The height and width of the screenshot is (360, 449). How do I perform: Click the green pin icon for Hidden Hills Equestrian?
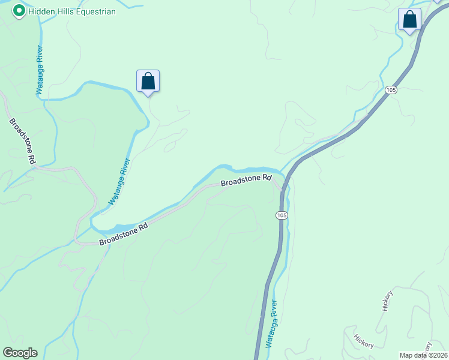tap(19, 10)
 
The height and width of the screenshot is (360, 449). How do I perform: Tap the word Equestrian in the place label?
tap(92, 11)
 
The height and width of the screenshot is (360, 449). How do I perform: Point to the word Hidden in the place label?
tap(42, 11)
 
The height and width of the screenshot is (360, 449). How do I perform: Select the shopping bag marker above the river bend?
tap(148, 82)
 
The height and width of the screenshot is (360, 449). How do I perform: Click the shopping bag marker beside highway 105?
tap(410, 19)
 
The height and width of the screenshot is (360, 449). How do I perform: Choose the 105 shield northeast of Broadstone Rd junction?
tap(391, 89)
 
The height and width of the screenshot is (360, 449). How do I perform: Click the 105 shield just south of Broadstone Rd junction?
tap(282, 215)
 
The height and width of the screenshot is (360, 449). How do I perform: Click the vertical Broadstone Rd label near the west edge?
tap(22, 142)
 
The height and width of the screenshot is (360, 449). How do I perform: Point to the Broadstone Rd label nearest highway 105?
tap(246, 181)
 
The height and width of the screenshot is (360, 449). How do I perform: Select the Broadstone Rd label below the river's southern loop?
tap(123, 234)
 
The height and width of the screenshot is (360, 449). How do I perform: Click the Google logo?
tap(20, 353)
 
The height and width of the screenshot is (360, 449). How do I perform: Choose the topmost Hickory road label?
tap(387, 301)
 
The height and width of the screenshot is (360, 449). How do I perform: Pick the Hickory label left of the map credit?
tap(364, 341)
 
